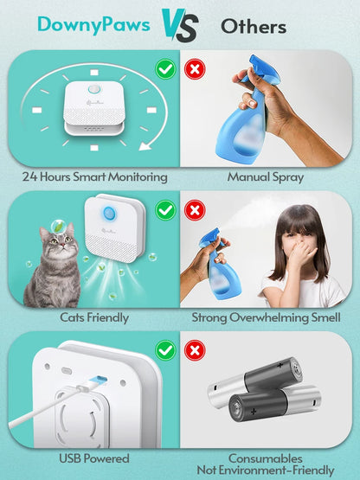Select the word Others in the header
(253, 26)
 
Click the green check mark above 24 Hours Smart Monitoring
(164, 67)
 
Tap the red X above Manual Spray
(196, 67)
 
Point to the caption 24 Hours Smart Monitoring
(94, 176)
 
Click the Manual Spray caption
(265, 176)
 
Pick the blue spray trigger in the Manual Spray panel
(260, 68)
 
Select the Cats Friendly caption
(95, 317)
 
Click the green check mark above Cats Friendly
(164, 209)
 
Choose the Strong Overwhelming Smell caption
(265, 317)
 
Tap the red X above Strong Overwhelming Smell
(196, 209)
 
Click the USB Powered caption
(95, 458)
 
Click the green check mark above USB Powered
(164, 350)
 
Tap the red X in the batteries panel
(196, 350)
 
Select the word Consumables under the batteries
(265, 457)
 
